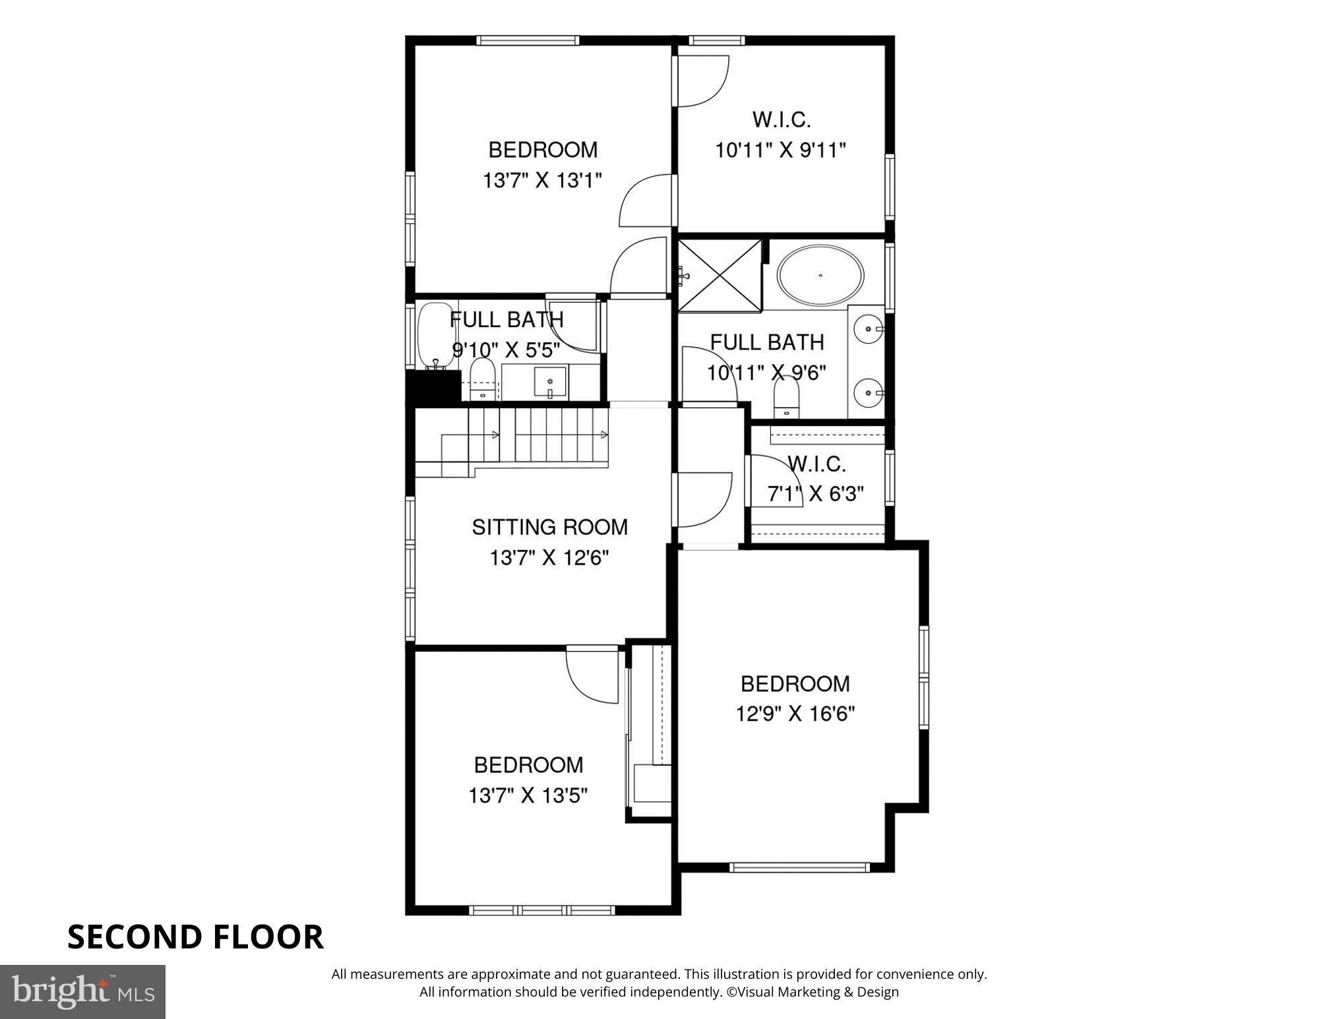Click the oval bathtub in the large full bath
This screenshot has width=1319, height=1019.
click(x=820, y=275)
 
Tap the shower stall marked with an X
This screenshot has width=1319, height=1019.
click(x=720, y=274)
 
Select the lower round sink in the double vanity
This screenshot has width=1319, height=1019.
click(x=869, y=394)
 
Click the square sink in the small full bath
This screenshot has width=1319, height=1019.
click(x=550, y=382)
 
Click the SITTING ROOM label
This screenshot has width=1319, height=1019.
click(x=549, y=527)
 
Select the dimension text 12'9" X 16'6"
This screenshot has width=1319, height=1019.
click(x=795, y=714)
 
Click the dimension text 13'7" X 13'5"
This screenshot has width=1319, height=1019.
click(x=528, y=795)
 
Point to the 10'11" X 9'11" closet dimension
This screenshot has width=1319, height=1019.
click(x=780, y=150)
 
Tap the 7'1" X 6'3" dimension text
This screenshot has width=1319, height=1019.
click(x=816, y=493)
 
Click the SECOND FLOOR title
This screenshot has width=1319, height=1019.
click(x=195, y=937)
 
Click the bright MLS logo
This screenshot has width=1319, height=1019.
click(x=82, y=991)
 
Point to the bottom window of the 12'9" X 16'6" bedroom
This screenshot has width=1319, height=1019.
click(x=800, y=867)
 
